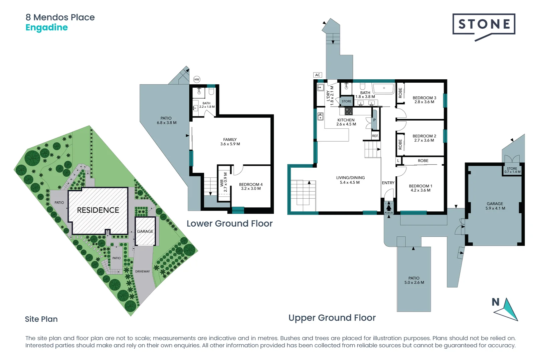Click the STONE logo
[x=484, y=25]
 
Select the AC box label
[x=318, y=75]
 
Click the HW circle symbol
[x=197, y=79]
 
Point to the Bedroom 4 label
[x=251, y=186]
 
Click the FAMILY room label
[x=230, y=142]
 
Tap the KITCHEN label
[x=346, y=122]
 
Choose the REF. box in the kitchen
[x=375, y=136]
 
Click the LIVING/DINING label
[x=350, y=180]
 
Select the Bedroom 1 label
[x=420, y=188]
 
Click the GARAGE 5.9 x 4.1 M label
[x=495, y=206]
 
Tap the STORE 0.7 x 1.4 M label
[x=512, y=170]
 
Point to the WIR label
[x=223, y=182]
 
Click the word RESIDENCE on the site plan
[x=98, y=210]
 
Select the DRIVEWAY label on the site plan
[x=142, y=271]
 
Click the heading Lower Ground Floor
[x=229, y=223]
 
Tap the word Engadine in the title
[x=46, y=27]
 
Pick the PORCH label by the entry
[x=388, y=213]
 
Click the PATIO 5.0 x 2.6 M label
[x=414, y=280]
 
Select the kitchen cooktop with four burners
[x=349, y=111]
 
